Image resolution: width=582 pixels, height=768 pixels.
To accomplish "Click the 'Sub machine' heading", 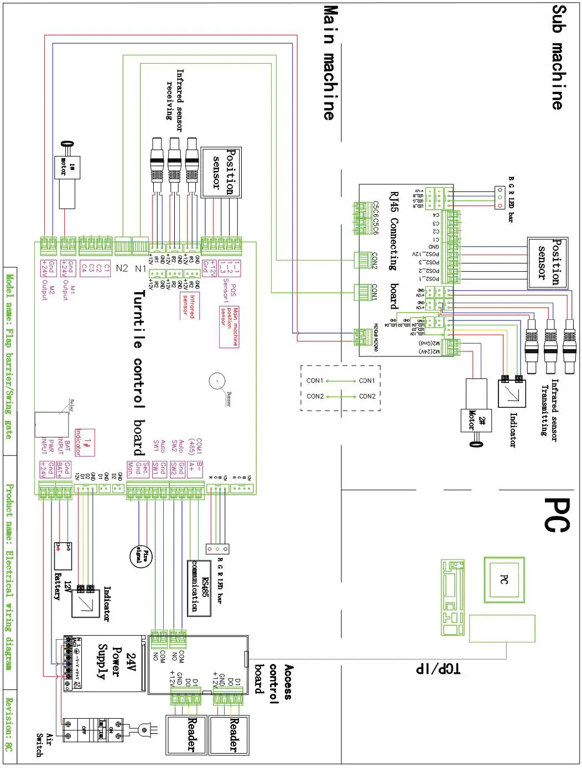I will click(558, 58).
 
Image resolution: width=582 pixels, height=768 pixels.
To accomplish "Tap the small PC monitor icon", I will click(503, 579).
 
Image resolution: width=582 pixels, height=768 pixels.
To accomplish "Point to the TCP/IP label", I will click(438, 668).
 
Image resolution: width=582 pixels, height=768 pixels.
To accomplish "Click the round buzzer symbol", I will click(217, 381).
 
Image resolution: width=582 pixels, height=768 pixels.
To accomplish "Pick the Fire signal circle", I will click(139, 555).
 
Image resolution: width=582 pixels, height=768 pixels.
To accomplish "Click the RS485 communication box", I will click(200, 588).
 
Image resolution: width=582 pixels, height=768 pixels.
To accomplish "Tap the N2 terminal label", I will click(122, 268).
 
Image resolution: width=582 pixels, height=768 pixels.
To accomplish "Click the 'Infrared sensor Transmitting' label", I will click(549, 409).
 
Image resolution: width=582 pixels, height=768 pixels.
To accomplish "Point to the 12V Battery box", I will click(63, 556).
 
